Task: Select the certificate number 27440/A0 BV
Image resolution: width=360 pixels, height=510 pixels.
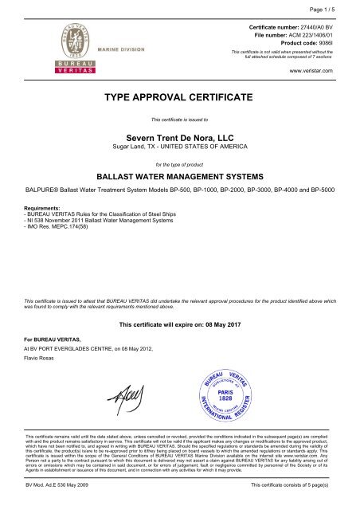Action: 315,27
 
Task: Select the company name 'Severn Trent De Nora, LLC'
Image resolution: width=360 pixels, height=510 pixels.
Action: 179,138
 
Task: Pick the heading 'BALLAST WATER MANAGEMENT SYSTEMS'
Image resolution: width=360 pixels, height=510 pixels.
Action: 179,178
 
